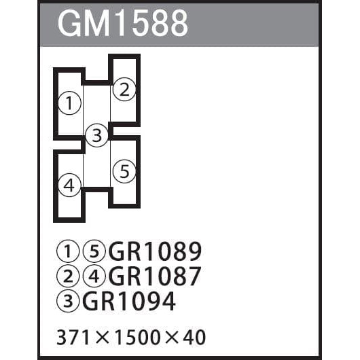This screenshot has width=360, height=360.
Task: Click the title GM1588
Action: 123,24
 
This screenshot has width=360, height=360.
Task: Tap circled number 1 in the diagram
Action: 69,103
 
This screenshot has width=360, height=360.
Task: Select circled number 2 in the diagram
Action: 124,89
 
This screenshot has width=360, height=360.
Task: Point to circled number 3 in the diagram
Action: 96,135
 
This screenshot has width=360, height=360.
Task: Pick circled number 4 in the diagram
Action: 69,185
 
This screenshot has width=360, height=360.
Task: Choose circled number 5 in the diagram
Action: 124,171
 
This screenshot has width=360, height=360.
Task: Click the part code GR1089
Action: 155,251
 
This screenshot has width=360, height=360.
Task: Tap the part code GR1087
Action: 155,276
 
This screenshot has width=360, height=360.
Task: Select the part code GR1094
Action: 129,301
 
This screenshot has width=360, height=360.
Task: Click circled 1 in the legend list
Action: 68,251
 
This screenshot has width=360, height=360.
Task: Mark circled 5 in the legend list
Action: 94,251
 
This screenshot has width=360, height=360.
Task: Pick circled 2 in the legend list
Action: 68,276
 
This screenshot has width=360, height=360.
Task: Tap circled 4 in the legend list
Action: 94,276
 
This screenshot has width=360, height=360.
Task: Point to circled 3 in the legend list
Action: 68,301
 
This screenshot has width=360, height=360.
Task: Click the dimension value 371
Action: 73,338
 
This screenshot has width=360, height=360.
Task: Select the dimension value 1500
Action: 137,338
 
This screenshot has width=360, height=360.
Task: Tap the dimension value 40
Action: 194,338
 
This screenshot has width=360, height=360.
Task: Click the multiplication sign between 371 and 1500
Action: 102,338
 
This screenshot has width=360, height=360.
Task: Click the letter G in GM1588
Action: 69,24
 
